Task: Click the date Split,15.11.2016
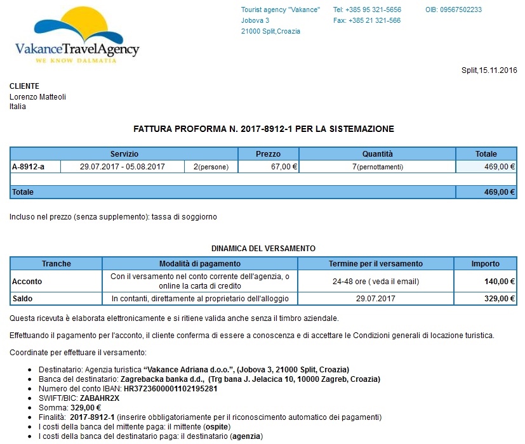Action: click(x=489, y=70)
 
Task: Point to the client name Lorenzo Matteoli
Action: click(x=37, y=97)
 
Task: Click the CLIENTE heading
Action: click(x=24, y=86)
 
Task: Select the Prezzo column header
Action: click(x=268, y=154)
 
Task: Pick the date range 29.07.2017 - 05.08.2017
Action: click(x=123, y=167)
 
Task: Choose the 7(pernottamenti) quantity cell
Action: click(x=378, y=167)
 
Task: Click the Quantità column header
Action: click(x=377, y=154)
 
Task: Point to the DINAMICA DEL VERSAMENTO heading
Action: click(x=263, y=249)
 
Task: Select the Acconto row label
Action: click(x=27, y=282)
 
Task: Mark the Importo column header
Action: click(x=485, y=264)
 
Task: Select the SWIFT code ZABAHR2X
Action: click(x=100, y=398)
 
